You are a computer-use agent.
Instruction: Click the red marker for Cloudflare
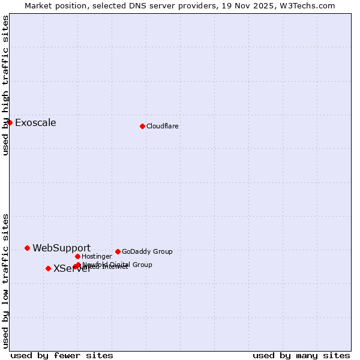(x=142, y=126)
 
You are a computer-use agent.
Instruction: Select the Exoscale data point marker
(x=10, y=122)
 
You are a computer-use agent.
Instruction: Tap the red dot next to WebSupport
(x=27, y=248)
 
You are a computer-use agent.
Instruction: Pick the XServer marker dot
(x=48, y=268)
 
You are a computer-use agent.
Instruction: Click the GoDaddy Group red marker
(x=118, y=251)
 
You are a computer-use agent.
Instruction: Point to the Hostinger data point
(x=77, y=256)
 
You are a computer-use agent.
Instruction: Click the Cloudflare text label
(x=162, y=126)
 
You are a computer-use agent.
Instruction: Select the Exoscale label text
(x=35, y=123)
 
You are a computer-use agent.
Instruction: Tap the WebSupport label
(x=61, y=248)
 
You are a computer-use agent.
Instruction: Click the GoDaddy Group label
(x=147, y=251)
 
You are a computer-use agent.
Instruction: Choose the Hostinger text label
(x=97, y=256)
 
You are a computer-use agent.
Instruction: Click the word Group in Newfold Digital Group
(x=142, y=265)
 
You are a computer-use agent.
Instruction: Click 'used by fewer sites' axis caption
(x=62, y=355)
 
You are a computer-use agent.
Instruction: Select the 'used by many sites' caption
(x=301, y=355)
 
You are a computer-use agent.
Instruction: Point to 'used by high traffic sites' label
(x=5, y=85)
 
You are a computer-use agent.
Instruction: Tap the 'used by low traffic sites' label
(x=5, y=281)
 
